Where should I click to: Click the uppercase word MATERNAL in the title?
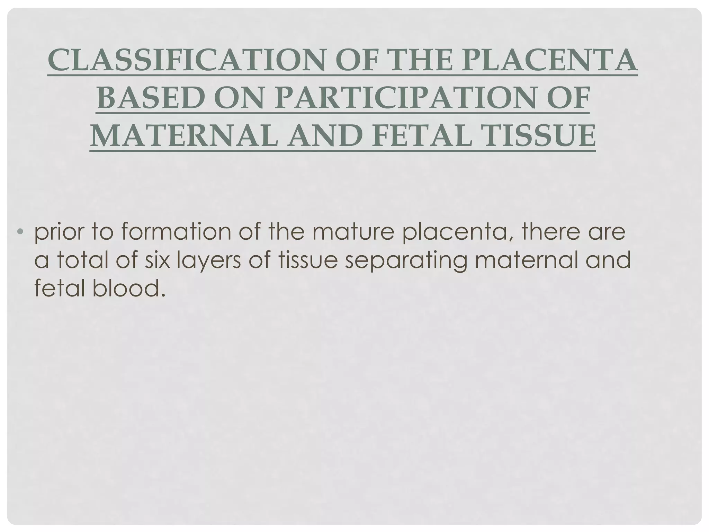[183, 136]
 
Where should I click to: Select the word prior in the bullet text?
[57, 232]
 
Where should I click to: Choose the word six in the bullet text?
[157, 260]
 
